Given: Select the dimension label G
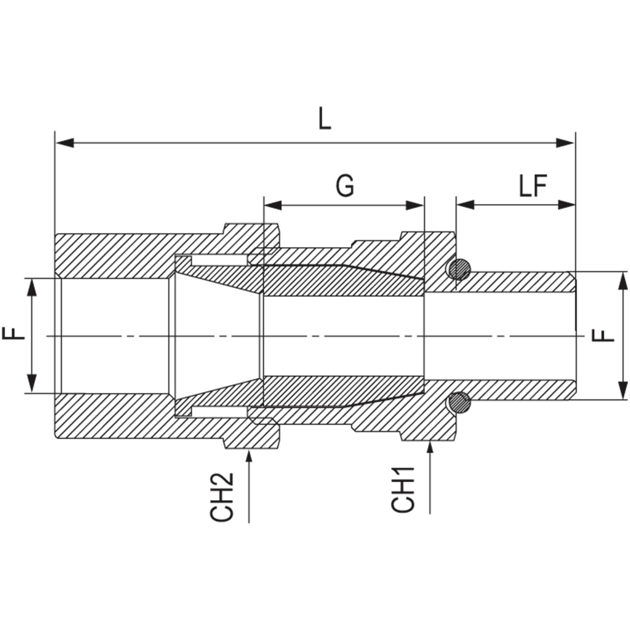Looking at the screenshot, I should click(345, 186).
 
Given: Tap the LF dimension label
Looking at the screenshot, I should click(533, 186).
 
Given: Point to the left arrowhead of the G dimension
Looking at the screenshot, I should click(272, 205).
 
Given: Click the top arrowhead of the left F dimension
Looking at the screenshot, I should click(31, 287).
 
